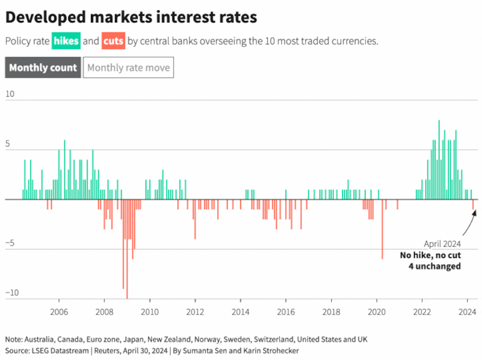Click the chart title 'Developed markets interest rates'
coord(131,17)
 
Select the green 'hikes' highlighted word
coord(66,41)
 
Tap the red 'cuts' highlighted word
coord(114,41)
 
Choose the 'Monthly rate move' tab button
coord(129,68)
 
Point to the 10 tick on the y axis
coord(10,94)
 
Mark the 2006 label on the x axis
coord(59,313)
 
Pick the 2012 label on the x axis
coord(195,313)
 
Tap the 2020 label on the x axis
coord(377,313)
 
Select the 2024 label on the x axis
coord(468,313)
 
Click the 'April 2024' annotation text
coord(442,244)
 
